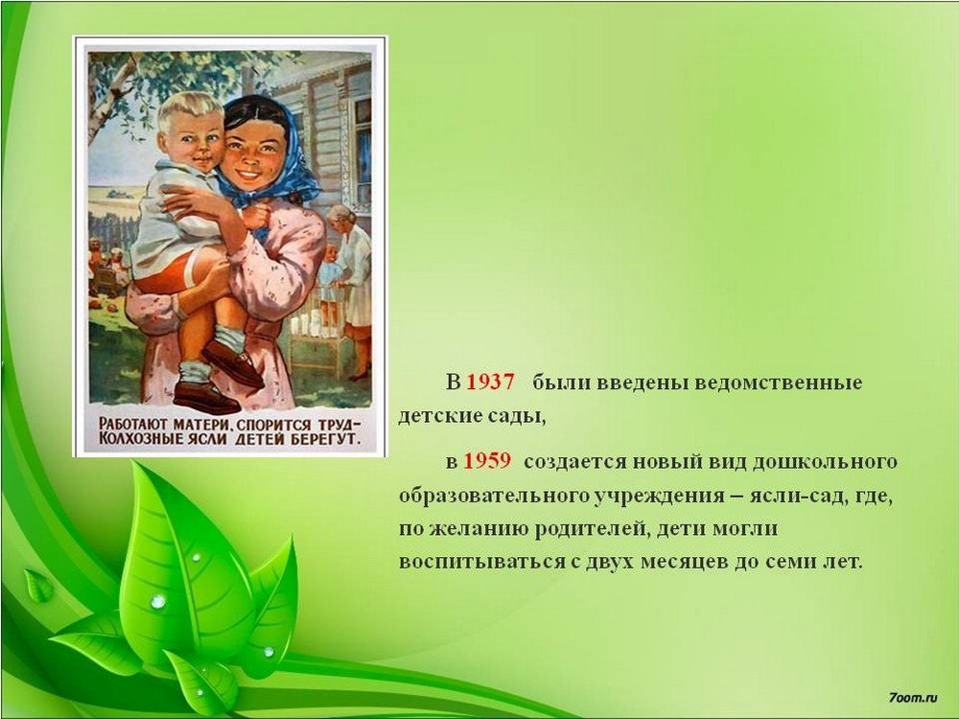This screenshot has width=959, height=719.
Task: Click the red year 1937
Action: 490,383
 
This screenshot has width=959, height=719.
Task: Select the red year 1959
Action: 486,460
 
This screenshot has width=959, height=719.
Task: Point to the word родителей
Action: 590,528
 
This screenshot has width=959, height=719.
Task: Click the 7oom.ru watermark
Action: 913,696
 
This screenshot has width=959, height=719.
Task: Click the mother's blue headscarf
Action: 288,165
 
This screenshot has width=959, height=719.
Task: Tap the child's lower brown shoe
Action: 207,398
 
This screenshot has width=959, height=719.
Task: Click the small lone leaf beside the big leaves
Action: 39,586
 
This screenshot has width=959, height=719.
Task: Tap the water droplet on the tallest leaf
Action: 158,602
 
